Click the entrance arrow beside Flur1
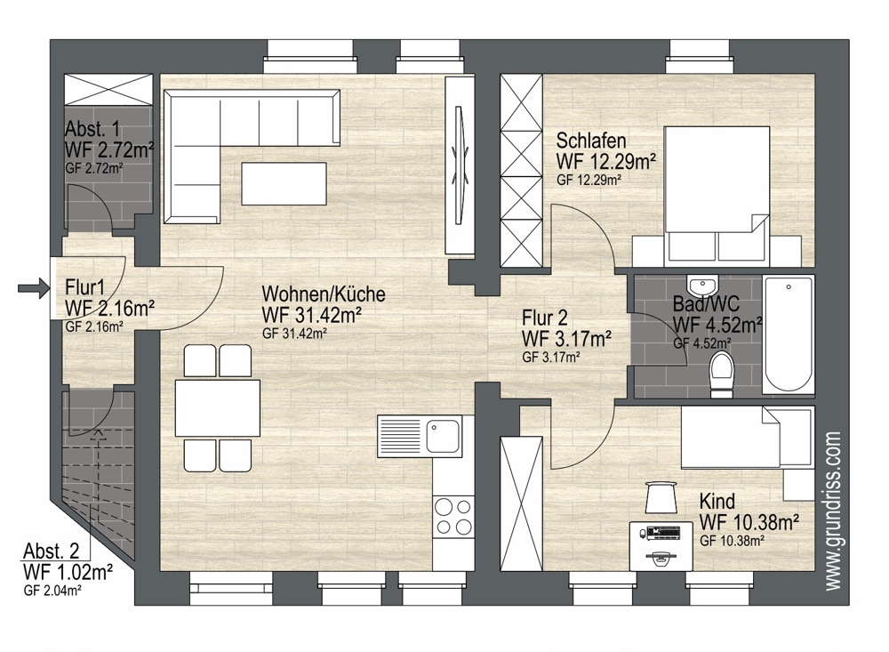click(34, 288)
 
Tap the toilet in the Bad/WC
click(722, 374)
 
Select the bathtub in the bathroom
click(789, 334)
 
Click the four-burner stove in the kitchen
click(453, 516)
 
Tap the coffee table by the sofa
click(284, 183)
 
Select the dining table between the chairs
click(217, 408)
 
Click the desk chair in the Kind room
click(661, 496)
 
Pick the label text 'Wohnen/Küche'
click(324, 294)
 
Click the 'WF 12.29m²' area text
click(606, 161)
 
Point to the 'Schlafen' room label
click(591, 141)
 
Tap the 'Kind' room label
click(717, 501)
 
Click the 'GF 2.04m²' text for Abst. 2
click(52, 590)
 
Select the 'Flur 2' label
click(545, 318)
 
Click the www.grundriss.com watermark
click(832, 511)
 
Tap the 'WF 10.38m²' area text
click(749, 522)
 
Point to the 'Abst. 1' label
click(92, 129)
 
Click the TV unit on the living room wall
click(459, 165)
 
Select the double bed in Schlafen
click(717, 196)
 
